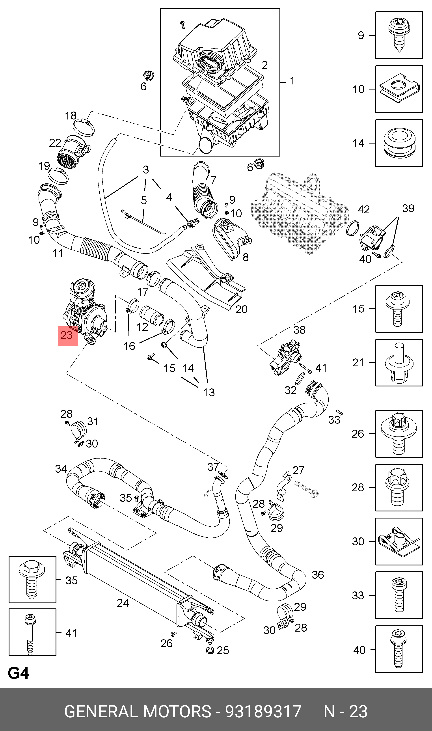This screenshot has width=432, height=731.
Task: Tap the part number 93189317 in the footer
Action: point(263,712)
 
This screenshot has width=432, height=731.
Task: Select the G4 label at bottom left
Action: point(18,673)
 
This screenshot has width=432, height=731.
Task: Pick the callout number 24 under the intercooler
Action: point(123,603)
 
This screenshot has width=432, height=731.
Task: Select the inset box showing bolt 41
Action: point(32,632)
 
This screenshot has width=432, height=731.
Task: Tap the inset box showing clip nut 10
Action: point(399,89)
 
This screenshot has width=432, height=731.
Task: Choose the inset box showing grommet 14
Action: point(399,143)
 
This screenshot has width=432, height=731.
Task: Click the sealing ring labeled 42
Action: point(352,228)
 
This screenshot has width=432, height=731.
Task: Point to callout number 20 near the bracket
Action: point(241,309)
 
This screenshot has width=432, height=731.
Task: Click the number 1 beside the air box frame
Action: point(292,81)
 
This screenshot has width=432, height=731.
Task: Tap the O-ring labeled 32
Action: point(300,379)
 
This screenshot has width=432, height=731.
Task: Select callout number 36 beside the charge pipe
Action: point(318,575)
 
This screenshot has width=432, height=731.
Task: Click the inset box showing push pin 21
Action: point(399,363)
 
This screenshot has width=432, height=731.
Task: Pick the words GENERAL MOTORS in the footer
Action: point(137,712)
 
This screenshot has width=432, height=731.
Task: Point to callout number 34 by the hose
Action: point(61,469)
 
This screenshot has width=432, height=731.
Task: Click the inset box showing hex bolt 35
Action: point(32,579)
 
